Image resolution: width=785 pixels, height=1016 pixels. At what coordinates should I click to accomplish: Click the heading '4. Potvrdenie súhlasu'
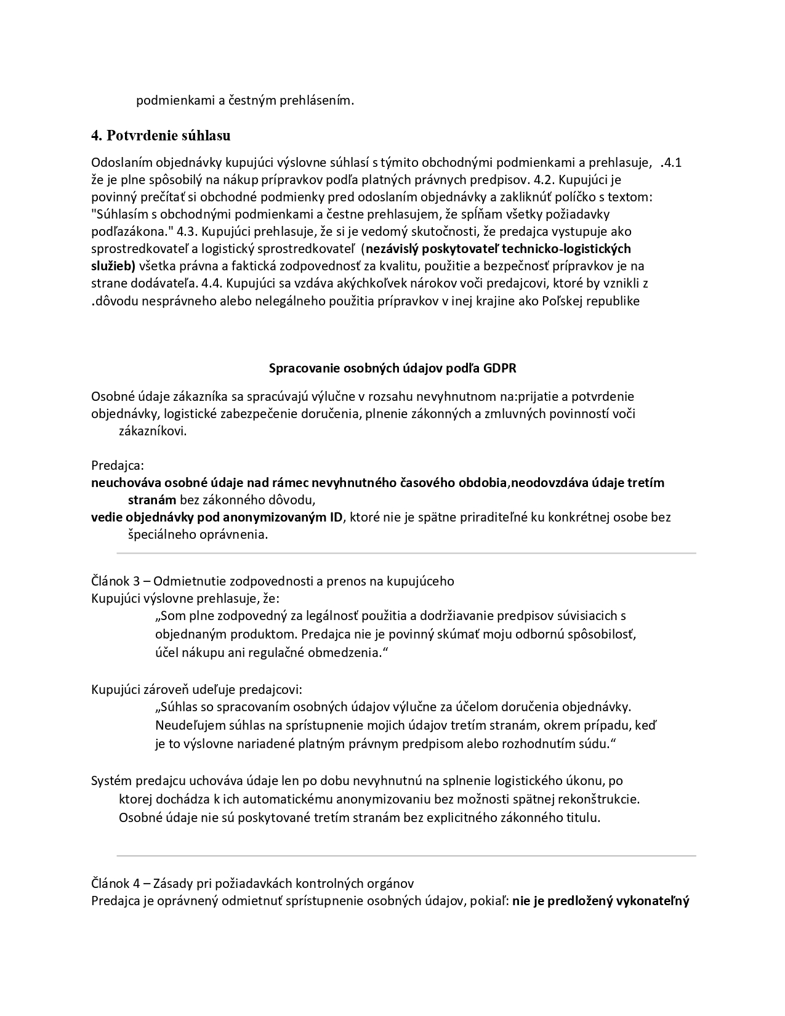[x=161, y=135]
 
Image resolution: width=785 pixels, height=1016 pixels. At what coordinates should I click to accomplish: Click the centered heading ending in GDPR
[x=393, y=368]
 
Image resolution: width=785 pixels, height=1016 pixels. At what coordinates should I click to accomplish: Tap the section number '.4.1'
[x=670, y=163]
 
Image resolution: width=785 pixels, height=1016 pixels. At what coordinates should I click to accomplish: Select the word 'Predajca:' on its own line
[x=118, y=465]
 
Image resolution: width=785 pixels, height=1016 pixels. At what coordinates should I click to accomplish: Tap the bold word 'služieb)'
[x=113, y=266]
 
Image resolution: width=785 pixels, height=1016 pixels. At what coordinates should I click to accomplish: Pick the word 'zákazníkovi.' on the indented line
[x=153, y=431]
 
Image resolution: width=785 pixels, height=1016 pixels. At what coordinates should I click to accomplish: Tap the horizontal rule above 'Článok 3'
[x=406, y=554]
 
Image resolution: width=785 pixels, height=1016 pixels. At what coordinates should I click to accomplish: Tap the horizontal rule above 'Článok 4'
[x=406, y=856]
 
